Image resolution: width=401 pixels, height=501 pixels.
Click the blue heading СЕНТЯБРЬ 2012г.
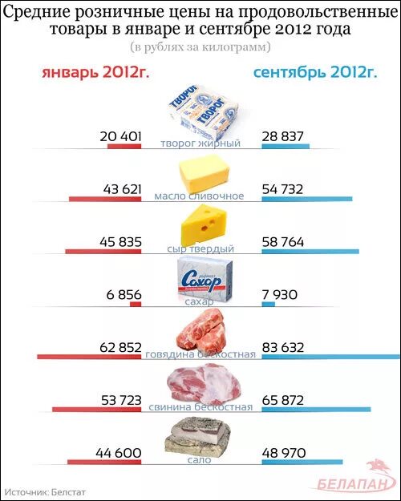point(314,73)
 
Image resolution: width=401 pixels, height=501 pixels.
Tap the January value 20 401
point(120,137)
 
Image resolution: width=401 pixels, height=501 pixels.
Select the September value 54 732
point(282,189)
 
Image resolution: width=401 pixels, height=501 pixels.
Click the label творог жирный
point(200,143)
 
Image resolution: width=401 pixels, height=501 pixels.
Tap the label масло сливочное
point(200,196)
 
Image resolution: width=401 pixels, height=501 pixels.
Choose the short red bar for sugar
point(136,303)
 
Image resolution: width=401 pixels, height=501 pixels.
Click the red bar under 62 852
point(89,355)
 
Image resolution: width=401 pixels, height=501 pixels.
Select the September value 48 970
point(283,453)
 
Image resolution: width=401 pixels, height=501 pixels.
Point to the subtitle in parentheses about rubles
point(200,47)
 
